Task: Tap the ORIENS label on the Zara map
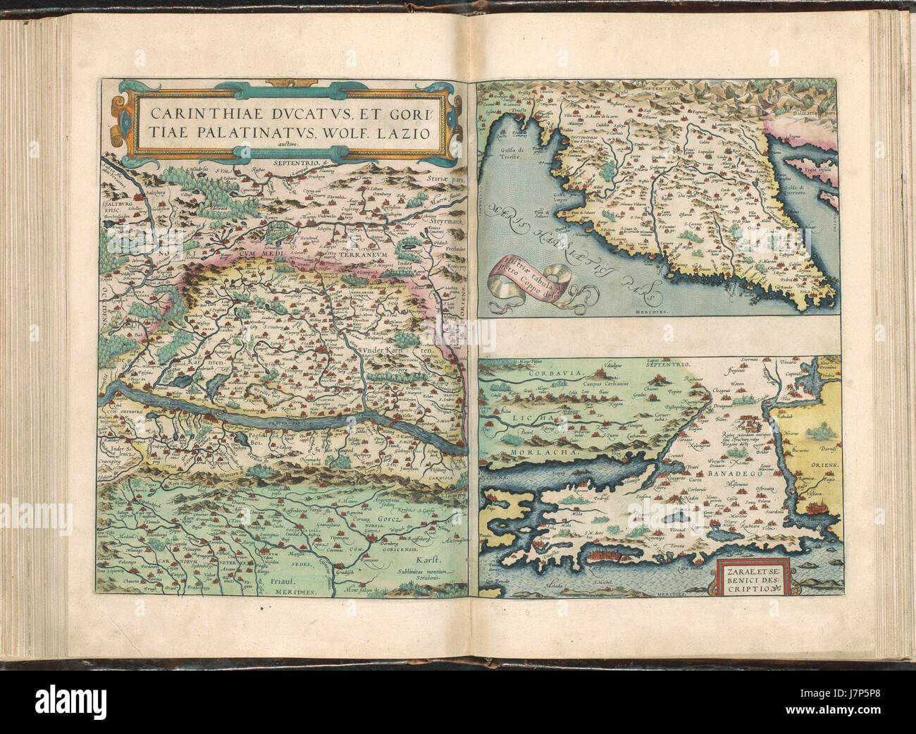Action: [820, 466]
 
